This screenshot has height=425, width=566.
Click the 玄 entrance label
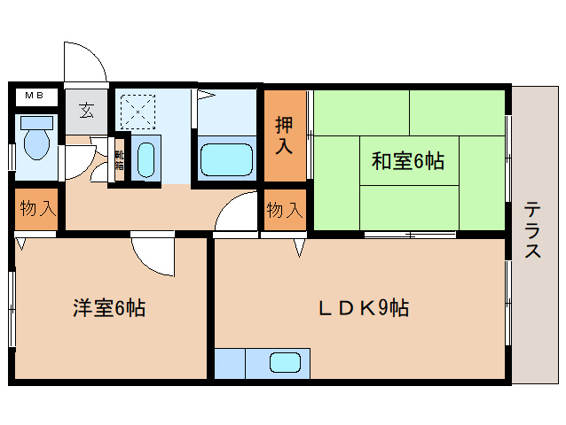tap(87, 112)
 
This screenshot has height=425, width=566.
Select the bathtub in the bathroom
tap(227, 159)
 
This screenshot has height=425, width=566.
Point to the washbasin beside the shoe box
tap(146, 159)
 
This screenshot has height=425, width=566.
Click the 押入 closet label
tap(284, 135)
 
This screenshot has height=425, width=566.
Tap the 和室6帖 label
tap(408, 161)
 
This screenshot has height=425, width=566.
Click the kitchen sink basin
tap(285, 363)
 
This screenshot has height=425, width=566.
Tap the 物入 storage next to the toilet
tap(36, 210)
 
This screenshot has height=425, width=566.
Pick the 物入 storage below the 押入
tap(285, 211)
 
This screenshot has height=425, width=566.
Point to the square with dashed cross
tap(137, 111)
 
